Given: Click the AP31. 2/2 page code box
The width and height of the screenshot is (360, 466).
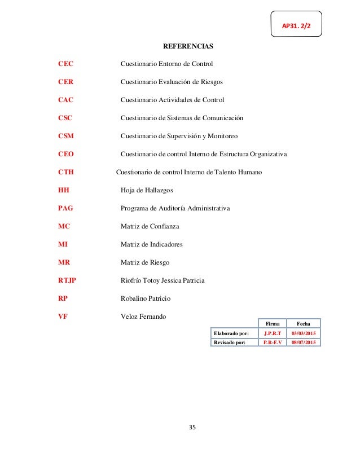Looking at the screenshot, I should point(296,24).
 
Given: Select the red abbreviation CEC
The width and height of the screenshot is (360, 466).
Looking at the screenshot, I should point(66,64).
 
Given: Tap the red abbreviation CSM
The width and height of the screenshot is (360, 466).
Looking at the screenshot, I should point(67,136).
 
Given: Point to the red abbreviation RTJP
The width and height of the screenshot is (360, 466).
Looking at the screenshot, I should point(67,280).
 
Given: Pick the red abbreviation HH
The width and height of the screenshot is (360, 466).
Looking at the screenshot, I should point(64,190).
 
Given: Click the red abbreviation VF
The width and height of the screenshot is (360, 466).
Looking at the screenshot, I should point(63,316).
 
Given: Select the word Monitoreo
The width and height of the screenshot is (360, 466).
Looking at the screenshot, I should point(222,136).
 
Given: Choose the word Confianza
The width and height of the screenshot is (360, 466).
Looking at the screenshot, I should point(164,226).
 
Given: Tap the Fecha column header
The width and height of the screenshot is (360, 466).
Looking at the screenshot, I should point(303,323).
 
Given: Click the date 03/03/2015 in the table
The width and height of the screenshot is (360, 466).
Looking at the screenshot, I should point(303,333).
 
